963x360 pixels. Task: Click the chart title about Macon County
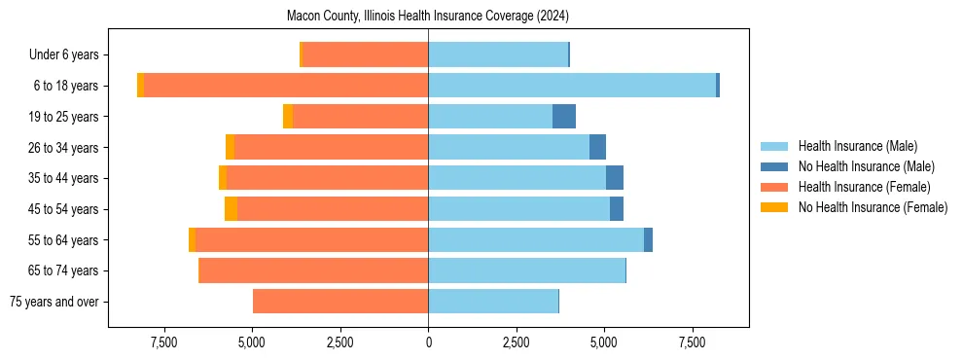click(428, 17)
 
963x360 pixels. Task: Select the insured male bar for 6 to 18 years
click(572, 86)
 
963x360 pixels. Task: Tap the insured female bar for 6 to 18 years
click(286, 86)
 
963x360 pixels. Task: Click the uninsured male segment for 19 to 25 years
click(564, 117)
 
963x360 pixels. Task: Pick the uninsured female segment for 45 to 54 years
click(231, 209)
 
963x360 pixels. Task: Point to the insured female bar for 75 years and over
click(340, 302)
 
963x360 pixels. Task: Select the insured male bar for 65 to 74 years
click(526, 270)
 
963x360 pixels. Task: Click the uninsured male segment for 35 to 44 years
click(615, 178)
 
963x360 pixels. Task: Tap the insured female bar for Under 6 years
click(366, 54)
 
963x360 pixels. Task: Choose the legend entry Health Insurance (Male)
click(857, 146)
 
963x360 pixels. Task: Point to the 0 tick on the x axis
click(428, 342)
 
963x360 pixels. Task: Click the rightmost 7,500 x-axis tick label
click(693, 342)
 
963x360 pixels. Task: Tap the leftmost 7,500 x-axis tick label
click(163, 342)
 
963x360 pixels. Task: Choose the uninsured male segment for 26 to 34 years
click(597, 147)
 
